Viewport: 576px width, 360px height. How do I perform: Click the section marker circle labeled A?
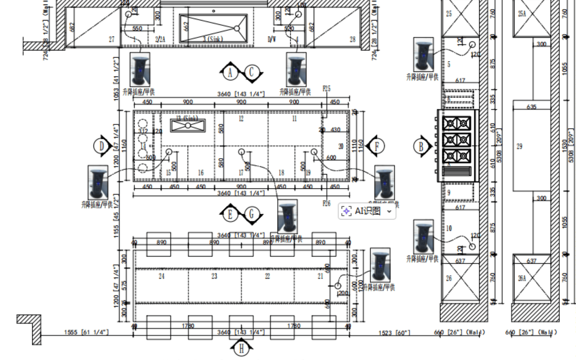[x=230, y=73]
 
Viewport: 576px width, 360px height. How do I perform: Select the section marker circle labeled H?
[x=241, y=349]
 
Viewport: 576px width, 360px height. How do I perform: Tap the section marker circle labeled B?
[x=421, y=146]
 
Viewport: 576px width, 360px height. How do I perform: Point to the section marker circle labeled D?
[x=101, y=146]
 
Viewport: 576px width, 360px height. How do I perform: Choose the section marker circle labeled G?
[x=251, y=214]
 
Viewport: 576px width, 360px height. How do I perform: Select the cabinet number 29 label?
[x=519, y=146]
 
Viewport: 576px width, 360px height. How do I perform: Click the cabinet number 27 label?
[x=111, y=39]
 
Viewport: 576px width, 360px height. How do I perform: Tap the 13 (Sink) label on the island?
[x=187, y=118]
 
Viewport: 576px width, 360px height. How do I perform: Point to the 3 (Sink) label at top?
[x=213, y=39]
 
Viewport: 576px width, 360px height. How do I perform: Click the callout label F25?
[x=326, y=88]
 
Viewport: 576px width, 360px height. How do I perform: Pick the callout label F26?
[x=326, y=203]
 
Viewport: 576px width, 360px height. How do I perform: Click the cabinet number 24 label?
[x=161, y=276]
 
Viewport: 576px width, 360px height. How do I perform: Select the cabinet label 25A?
[x=522, y=14]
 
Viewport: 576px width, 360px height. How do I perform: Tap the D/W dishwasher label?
[x=272, y=39]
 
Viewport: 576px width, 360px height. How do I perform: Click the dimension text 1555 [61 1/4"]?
[x=86, y=332]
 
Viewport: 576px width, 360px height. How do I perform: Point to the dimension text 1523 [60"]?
[x=394, y=333]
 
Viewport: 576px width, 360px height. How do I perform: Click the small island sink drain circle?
[x=188, y=126]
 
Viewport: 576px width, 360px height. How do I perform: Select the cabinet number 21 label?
[x=320, y=276]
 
